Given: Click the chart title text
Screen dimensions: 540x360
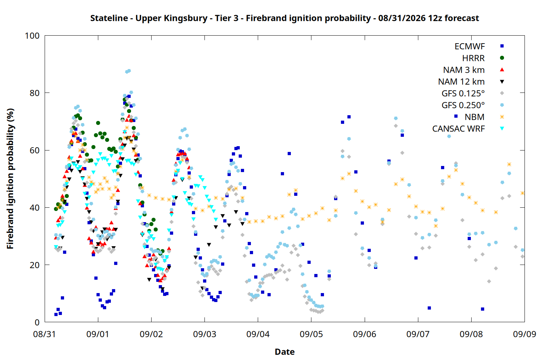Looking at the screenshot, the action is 284,18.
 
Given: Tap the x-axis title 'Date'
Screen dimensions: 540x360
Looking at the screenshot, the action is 285,352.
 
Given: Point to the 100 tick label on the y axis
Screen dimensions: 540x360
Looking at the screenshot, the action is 32,36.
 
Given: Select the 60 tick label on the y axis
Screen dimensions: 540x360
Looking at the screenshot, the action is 35,150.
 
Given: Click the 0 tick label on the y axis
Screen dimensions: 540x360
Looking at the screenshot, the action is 37,322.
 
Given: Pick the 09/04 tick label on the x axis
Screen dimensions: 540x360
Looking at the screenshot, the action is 258,334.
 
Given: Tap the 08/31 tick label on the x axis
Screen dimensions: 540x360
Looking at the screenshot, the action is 45,334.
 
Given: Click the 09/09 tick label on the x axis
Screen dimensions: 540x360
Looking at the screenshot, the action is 525,334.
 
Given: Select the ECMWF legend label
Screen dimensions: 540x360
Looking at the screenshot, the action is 469,46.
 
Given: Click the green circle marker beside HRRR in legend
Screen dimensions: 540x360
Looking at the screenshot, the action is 502,58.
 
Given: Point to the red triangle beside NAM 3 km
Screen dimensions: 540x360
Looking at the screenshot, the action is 502,70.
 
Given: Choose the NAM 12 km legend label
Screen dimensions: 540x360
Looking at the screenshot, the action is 462,82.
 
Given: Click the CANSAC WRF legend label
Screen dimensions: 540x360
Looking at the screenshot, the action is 459,129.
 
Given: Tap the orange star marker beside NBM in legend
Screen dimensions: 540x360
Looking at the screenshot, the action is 502,117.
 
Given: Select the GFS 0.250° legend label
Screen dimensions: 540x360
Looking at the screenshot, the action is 463,105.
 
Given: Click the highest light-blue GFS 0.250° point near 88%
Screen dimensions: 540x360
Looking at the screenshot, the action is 129,71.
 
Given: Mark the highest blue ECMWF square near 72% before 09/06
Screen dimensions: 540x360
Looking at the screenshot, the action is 349,117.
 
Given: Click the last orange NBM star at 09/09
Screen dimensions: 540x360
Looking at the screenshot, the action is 522,193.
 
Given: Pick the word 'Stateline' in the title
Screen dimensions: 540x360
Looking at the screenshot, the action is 109,18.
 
